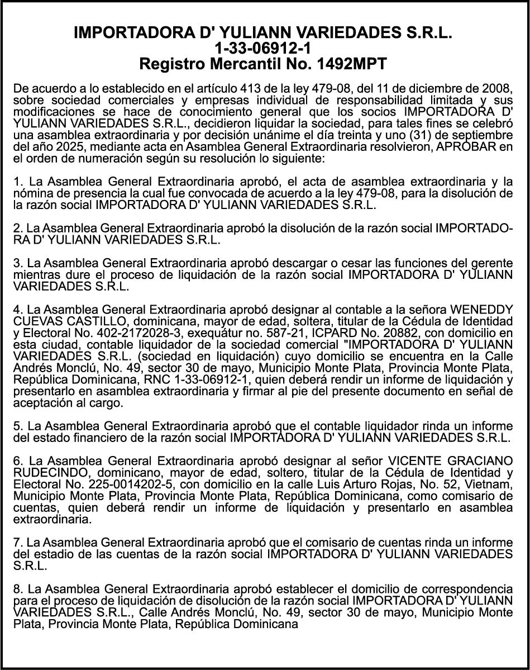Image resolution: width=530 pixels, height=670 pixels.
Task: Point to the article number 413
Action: tap(249, 88)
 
